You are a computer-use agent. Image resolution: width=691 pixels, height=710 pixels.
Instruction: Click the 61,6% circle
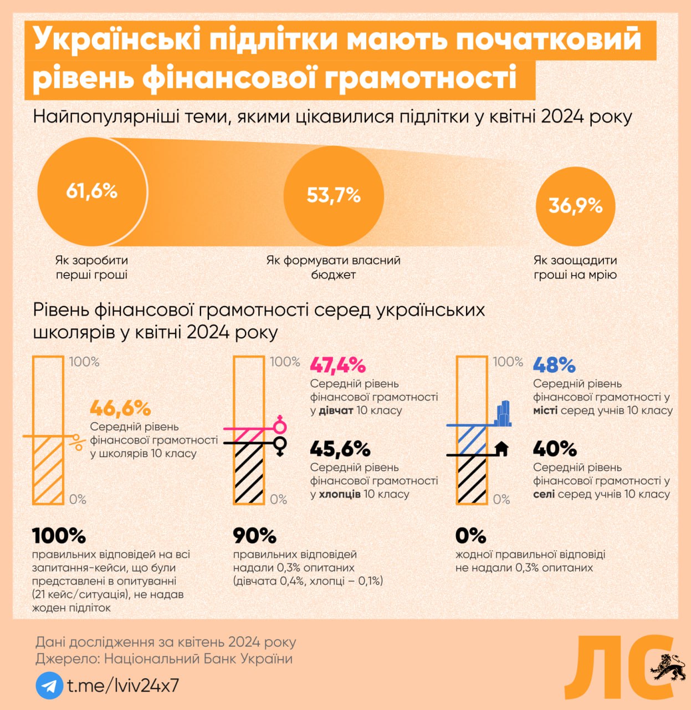92,191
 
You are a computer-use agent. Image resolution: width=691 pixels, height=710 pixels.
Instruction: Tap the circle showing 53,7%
334,195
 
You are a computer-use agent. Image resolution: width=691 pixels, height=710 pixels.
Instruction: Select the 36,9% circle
575,206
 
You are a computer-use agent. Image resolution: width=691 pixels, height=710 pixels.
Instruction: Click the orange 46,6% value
120,409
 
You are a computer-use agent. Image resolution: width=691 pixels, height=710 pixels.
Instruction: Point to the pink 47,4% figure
337,365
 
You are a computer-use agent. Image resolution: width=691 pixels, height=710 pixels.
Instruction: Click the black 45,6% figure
340,449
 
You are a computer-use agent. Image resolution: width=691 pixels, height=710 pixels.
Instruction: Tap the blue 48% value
554,365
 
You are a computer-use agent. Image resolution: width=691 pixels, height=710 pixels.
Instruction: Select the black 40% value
555,449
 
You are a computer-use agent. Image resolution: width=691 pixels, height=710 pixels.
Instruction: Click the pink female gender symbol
280,424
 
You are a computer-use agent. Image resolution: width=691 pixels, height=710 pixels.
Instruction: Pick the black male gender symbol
280,445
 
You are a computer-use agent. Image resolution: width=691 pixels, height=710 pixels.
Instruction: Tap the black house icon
501,448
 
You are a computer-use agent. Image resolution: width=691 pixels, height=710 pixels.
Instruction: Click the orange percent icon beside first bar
78,442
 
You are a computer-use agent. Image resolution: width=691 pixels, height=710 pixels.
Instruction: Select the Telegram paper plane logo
49,686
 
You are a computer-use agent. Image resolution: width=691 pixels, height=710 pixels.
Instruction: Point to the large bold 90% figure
254,536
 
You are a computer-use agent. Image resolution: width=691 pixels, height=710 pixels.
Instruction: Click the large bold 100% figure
59,536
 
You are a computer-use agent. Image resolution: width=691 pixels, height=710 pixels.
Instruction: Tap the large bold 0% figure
470,536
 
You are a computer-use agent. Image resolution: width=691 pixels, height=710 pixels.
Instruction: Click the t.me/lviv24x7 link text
123,686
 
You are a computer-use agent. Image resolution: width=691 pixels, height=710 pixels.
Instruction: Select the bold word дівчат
336,411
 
